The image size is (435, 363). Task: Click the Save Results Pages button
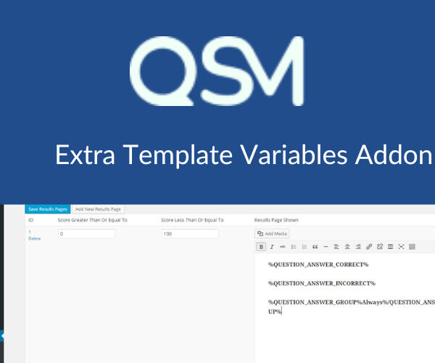[48, 209]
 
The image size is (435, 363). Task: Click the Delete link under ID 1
[35, 238]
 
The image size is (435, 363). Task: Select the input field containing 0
[86, 234]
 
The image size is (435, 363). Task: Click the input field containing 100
[190, 234]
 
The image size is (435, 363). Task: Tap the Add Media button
[273, 234]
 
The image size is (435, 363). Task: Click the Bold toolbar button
[261, 247]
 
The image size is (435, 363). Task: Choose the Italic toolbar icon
[272, 247]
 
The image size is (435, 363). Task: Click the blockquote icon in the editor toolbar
[315, 247]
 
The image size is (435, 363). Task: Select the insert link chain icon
[369, 247]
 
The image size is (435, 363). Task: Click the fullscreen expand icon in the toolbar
[401, 247]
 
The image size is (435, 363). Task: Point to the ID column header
[31, 220]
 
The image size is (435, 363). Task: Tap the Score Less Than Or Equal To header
[192, 220]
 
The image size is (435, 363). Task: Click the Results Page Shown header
[276, 220]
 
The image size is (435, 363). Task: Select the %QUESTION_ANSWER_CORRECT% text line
[318, 265]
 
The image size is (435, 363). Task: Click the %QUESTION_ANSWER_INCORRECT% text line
[321, 283]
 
